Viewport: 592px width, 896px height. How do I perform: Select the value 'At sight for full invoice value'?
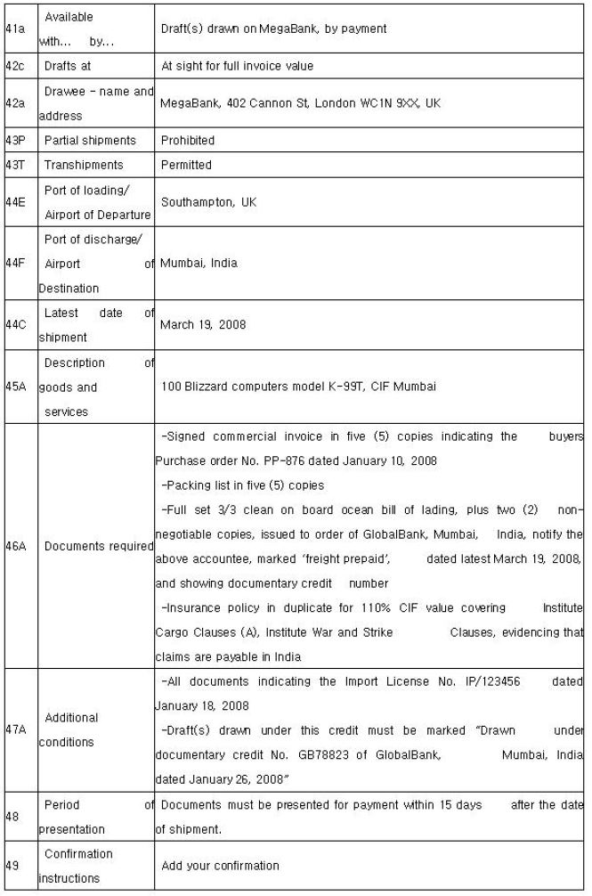point(237,66)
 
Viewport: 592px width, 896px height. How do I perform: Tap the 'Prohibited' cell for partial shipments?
point(188,140)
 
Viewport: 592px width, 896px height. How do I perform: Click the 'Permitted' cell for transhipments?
point(187,165)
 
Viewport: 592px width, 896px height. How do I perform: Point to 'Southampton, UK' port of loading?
point(209,202)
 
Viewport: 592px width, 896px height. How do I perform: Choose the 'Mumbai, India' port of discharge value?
point(199,263)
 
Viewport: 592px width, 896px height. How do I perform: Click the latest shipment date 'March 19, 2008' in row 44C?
point(203,325)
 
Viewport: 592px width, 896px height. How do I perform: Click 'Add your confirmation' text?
point(220,865)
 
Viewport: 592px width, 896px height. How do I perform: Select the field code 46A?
point(16,545)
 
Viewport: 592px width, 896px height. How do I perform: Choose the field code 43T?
point(15,165)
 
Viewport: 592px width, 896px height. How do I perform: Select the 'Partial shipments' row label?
point(90,140)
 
